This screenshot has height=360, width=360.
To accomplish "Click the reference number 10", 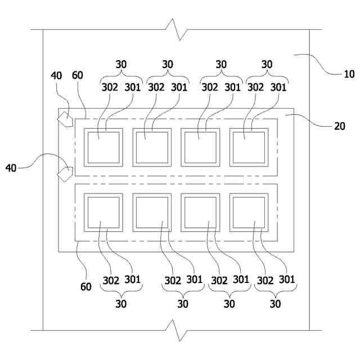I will point(349,74).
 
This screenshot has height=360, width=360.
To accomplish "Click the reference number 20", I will point(339,126).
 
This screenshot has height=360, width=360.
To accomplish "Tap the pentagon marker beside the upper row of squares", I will point(65,120).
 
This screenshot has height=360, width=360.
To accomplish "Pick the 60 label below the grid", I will point(85,287).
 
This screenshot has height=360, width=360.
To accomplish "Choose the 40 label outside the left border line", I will point(11,168).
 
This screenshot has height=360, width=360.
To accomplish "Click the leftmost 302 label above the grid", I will point(110,87).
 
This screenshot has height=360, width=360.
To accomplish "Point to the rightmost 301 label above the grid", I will point(279,87).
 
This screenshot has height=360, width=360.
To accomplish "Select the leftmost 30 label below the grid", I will point(121,304).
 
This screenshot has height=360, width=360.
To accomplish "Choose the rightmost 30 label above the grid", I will point(267,65).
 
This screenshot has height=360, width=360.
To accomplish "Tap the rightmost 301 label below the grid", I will point(287,279).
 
